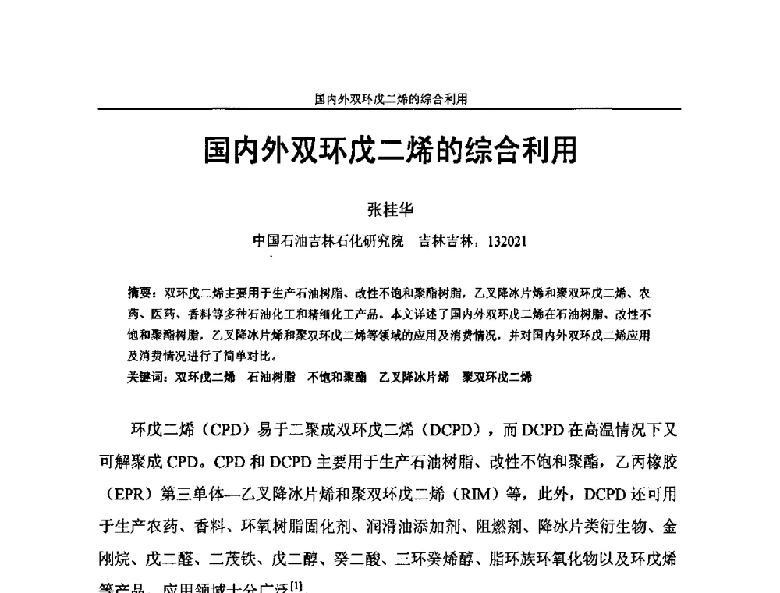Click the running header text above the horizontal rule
click(x=391, y=99)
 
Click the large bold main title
click(x=390, y=151)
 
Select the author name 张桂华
click(x=390, y=209)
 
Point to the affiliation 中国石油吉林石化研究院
click(x=328, y=241)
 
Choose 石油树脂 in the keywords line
click(x=271, y=377)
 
